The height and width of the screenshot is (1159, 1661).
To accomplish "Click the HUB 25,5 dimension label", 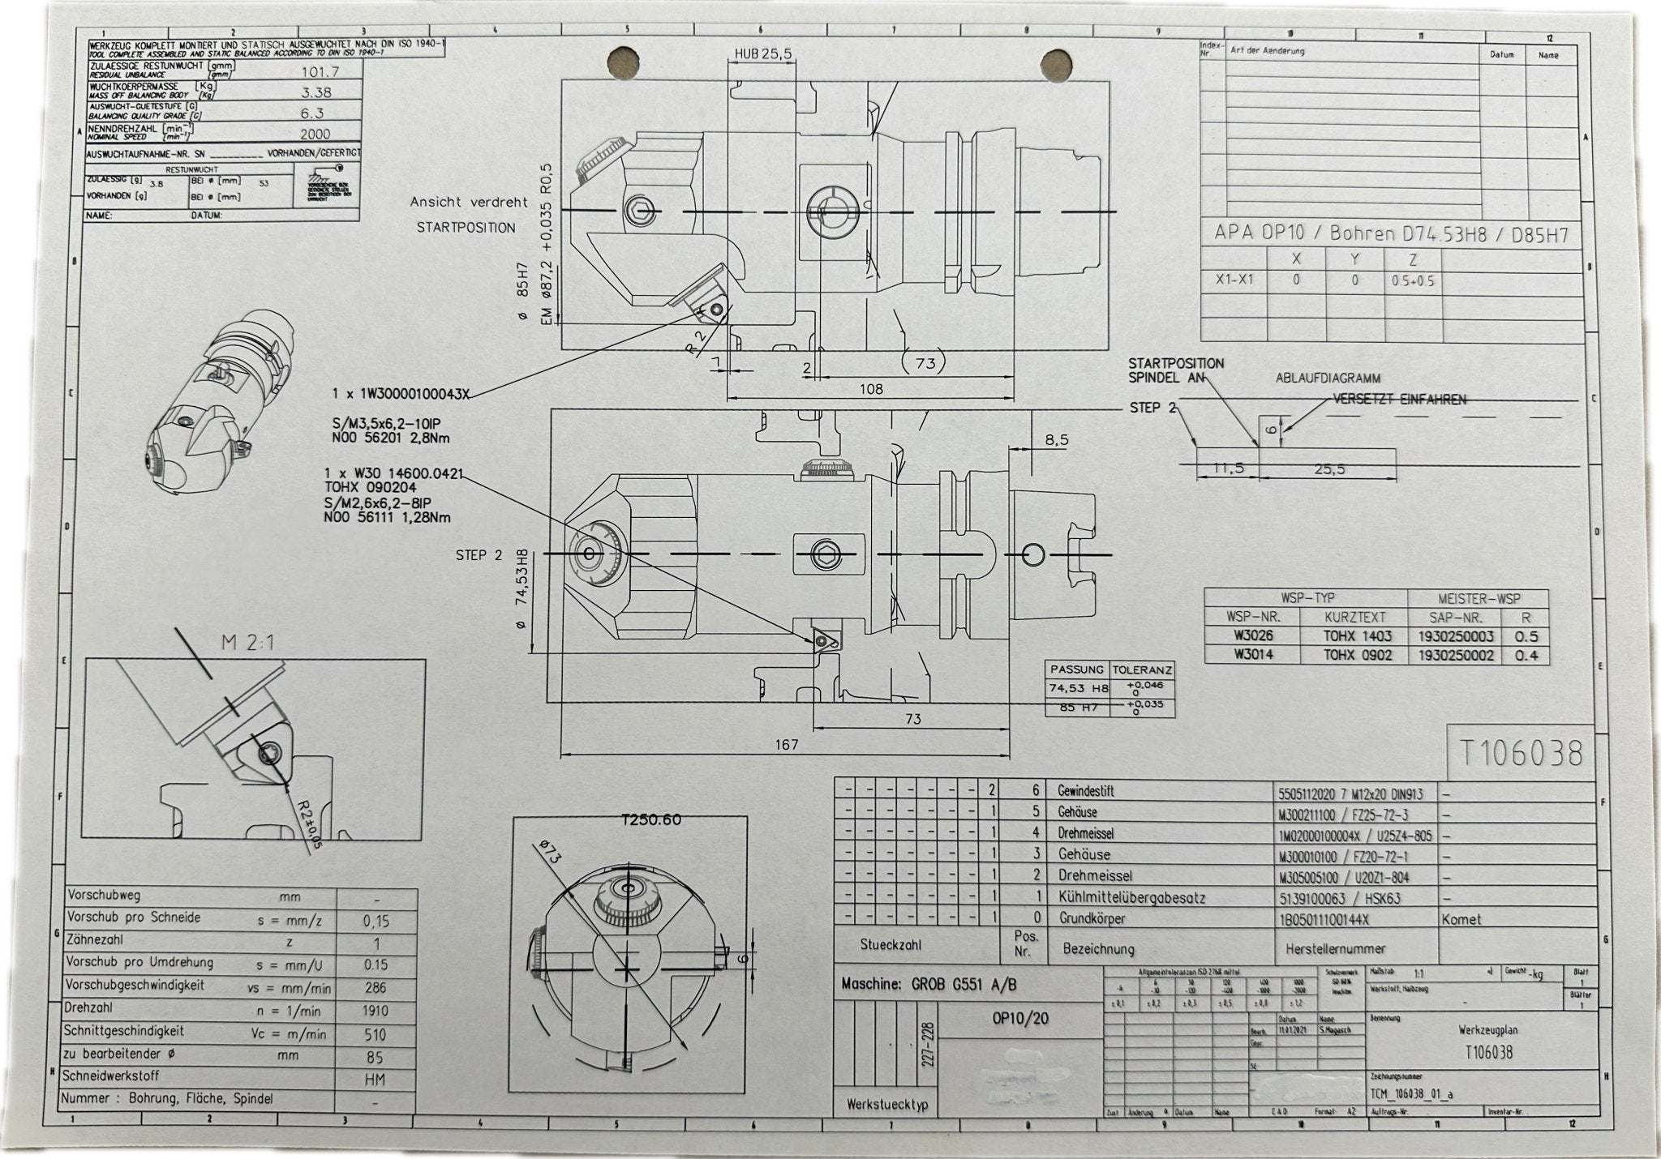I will coord(762,53).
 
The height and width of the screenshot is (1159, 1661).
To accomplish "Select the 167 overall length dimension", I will coord(787,744).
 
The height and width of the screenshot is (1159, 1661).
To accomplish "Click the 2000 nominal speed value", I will coord(315,135).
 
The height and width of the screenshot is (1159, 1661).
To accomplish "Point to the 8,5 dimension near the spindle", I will coord(1056,440).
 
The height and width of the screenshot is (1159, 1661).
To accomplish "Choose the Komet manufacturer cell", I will coord(1461,919).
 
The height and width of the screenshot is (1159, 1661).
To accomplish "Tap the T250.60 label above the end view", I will coord(651,820).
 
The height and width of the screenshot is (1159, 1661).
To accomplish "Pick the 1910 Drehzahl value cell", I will coord(376,1011).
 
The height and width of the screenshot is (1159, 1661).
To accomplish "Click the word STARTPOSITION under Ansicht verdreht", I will coord(466,228).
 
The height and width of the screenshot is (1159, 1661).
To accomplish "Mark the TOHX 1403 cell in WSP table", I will coord(1357,636).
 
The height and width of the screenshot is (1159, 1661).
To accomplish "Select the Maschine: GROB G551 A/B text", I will coord(928,984).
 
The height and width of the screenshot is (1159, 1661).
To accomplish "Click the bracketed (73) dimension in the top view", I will coord(925,363).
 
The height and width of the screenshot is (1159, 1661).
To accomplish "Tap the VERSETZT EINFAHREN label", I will coord(1400,400).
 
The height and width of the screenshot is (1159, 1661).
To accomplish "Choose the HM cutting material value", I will coord(376,1079).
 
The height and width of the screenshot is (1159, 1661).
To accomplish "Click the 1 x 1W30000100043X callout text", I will coord(401,394).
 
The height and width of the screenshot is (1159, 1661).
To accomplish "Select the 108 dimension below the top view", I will coord(870,389).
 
